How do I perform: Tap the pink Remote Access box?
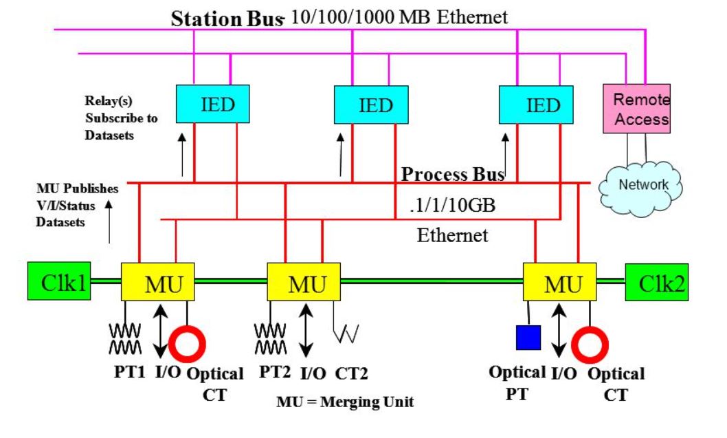[636, 109]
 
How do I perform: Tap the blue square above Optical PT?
[528, 337]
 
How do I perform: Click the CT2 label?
[351, 373]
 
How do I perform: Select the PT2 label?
[276, 373]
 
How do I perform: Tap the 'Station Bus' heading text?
[226, 19]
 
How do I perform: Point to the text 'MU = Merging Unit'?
[345, 402]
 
